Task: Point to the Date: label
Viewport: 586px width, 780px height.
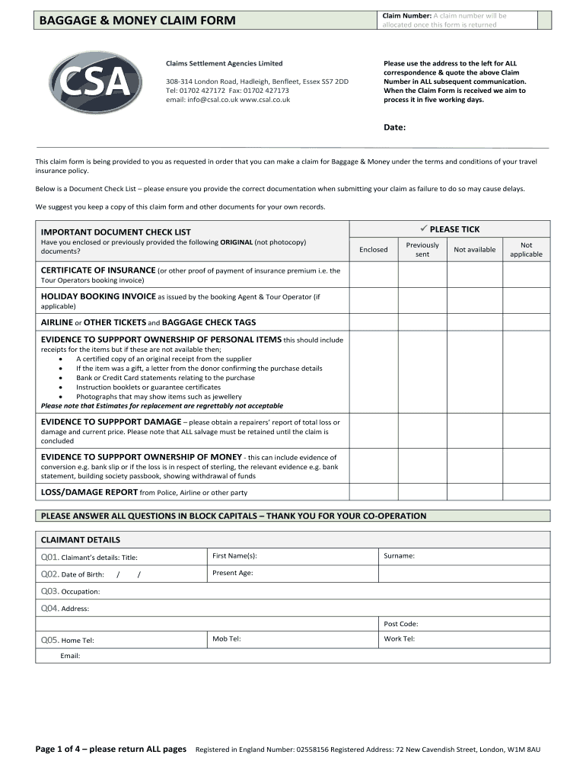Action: [394, 127]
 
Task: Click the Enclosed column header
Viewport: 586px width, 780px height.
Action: [373, 249]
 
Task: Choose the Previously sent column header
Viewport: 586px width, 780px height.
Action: [422, 249]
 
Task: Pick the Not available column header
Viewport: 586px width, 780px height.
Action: [474, 249]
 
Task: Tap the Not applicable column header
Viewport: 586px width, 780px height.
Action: [526, 249]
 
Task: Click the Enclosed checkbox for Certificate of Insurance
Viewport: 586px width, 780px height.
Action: [373, 275]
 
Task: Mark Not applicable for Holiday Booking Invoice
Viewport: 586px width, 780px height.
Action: [526, 300]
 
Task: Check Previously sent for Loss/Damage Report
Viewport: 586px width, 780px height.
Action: [422, 492]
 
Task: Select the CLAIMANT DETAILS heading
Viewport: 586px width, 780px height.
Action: [80, 539]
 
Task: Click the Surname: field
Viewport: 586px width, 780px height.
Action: [464, 557]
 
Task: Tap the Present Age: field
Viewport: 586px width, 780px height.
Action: [293, 574]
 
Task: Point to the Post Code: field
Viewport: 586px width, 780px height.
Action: [464, 624]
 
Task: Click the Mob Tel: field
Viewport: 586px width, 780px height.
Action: [293, 640]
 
